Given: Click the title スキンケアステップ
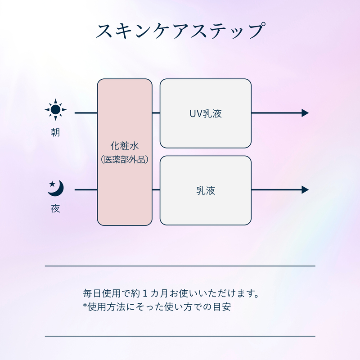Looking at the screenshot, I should coord(180,31).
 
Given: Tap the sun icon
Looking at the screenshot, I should coord(55,109).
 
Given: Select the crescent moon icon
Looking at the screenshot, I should coord(57,188).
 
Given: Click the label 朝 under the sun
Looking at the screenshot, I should coord(55,133).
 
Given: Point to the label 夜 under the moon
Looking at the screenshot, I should coord(55,209).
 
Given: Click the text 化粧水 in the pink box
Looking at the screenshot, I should coord(125,146).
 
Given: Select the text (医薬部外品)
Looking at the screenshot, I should coord(125,160).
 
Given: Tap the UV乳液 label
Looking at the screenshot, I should coord(206,113).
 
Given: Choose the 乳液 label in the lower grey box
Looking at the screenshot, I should coord(206,190).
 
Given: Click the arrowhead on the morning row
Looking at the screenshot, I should coord(305,113).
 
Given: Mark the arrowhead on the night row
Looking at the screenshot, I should coord(305,190).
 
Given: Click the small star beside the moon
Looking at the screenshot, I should coord(52,184).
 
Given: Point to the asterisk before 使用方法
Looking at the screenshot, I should coord(85,307).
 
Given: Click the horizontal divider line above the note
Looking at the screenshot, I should coord(180,266).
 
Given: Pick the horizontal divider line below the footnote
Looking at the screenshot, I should coord(180,336).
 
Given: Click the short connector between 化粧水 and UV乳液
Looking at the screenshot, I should coord(156,113).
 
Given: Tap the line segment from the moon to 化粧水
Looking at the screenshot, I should coord(85,190).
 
